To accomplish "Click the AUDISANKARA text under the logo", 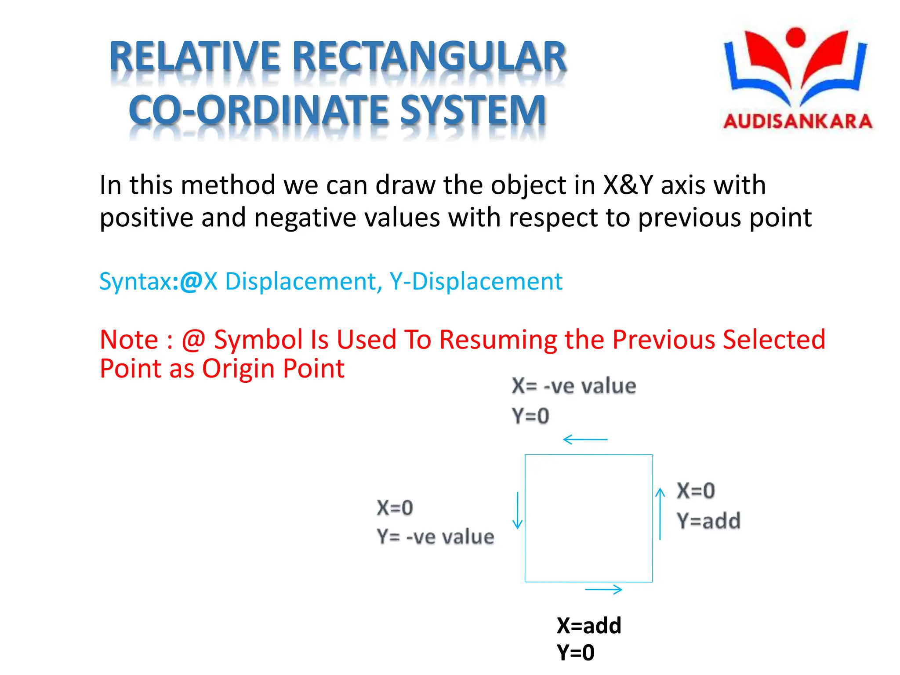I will (x=798, y=121).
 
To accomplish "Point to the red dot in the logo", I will (x=795, y=37).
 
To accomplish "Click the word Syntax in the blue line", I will (x=136, y=281).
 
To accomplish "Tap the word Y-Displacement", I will (x=476, y=281).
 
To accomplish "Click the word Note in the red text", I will (x=129, y=340).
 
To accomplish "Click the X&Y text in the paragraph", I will (x=628, y=185).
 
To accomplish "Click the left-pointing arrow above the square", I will (x=585, y=439).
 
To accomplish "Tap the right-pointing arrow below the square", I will (x=604, y=589).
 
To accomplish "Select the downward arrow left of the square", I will (x=518, y=510).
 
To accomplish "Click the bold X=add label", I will (x=589, y=625).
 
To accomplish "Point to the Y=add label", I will (x=708, y=521).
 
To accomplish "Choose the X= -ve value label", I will (x=573, y=386).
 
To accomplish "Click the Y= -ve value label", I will (x=435, y=537).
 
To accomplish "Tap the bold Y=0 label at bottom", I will (x=575, y=653).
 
